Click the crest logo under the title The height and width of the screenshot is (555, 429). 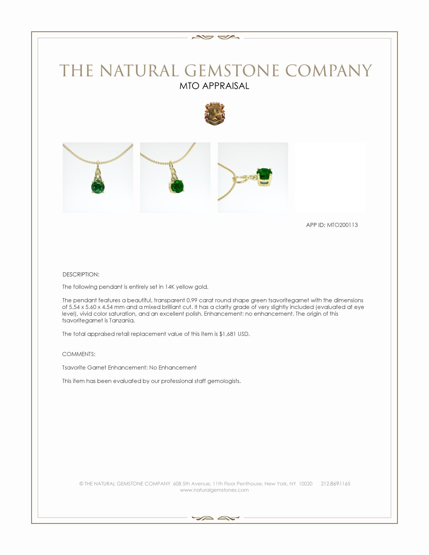click(215, 113)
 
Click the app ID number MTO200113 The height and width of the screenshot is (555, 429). click(342, 225)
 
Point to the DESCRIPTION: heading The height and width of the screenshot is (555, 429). click(81, 275)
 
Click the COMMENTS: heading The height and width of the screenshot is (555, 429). click(79, 354)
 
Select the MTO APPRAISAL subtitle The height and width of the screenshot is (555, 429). click(214, 86)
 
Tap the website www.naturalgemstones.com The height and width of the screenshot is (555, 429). click(214, 490)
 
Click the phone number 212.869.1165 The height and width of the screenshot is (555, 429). click(335, 484)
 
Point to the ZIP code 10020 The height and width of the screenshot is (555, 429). click(305, 484)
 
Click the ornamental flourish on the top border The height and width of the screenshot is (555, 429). click(214, 37)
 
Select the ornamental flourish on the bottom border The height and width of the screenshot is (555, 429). click(214, 518)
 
